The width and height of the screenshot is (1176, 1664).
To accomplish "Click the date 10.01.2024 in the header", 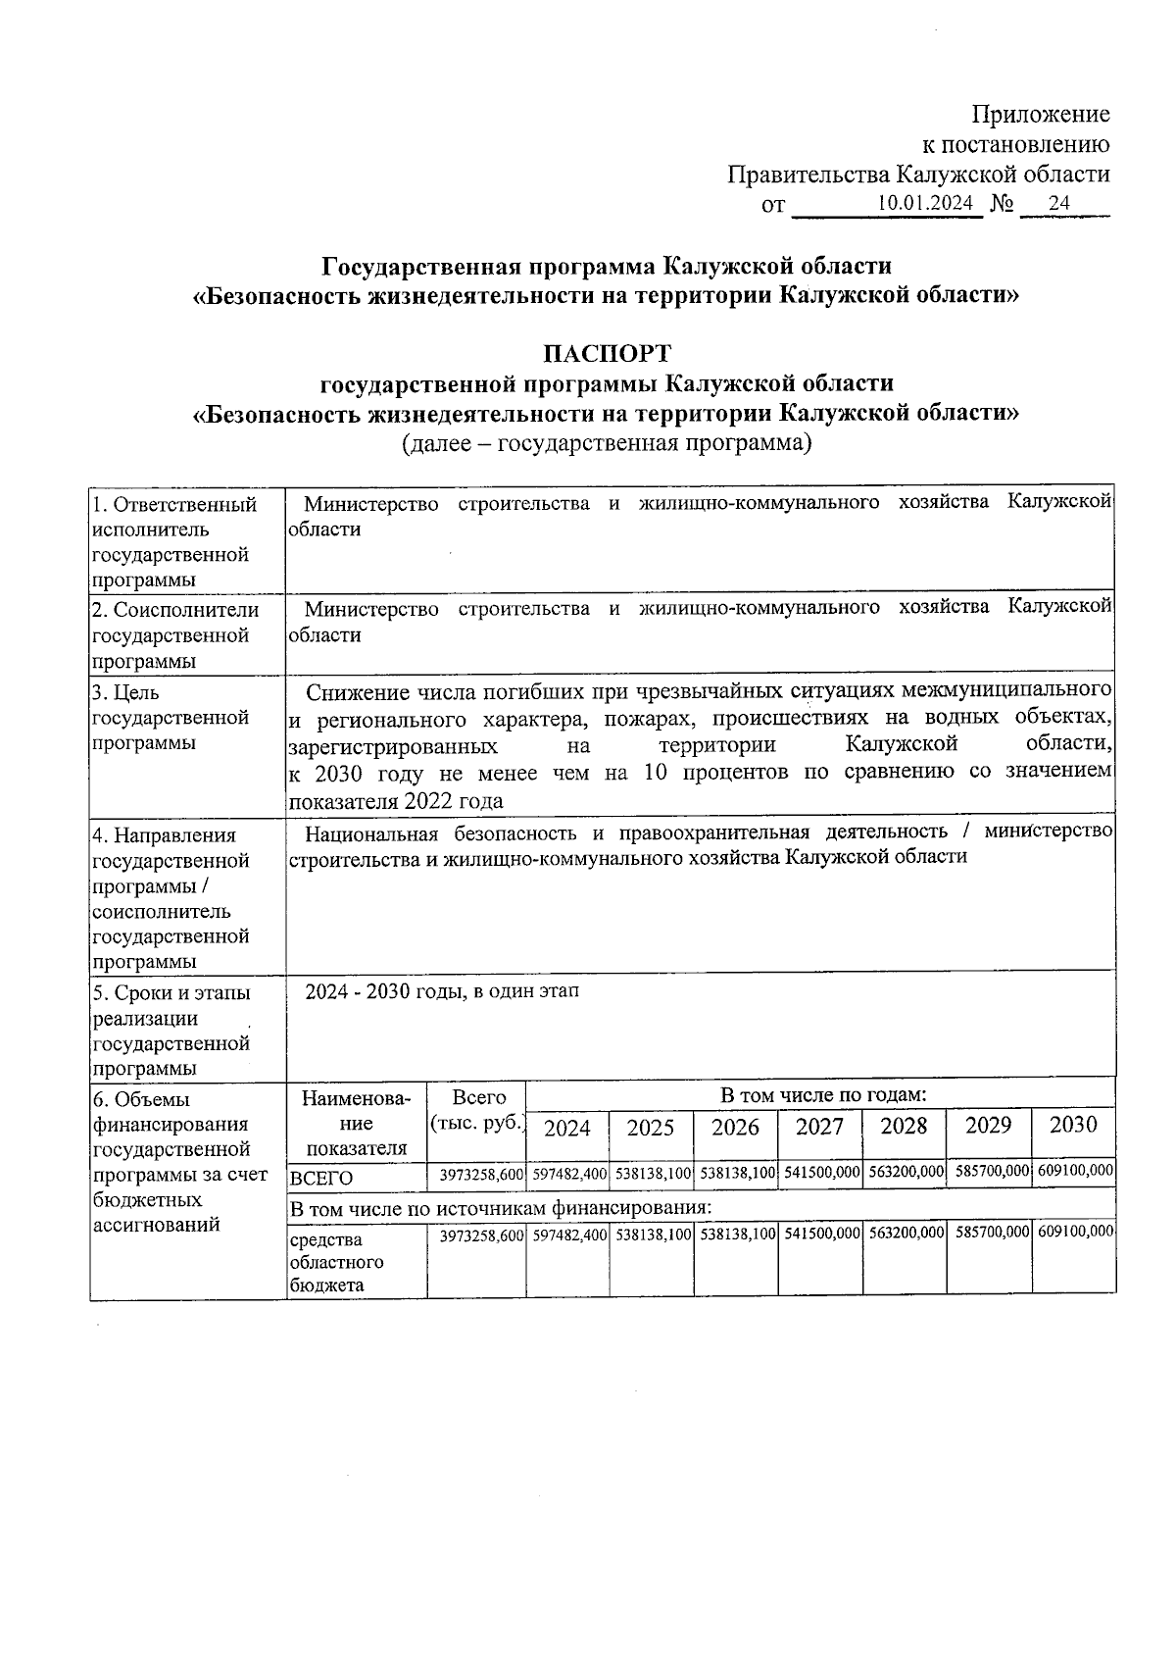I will click(924, 203).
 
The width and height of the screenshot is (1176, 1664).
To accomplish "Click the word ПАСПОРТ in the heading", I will click(608, 352).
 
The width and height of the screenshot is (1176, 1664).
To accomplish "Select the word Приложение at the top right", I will click(1041, 115).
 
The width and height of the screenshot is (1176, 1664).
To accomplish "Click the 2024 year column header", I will click(567, 1128).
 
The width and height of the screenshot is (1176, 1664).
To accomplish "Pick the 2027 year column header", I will click(819, 1126).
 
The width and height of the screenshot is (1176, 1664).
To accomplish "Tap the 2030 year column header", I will click(1073, 1125).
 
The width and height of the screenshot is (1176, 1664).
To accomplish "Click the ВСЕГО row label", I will click(321, 1178).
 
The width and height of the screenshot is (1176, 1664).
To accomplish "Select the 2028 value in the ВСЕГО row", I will click(904, 1172).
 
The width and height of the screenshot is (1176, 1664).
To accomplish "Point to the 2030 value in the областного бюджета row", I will click(1075, 1231).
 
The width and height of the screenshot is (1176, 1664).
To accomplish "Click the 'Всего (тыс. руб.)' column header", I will click(478, 1111).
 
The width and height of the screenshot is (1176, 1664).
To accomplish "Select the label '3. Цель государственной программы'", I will click(171, 718).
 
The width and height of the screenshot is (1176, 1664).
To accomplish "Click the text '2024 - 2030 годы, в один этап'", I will click(441, 991).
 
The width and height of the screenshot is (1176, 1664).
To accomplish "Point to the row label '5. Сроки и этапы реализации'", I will click(171, 1006).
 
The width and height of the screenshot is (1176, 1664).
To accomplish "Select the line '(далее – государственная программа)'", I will click(608, 443).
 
